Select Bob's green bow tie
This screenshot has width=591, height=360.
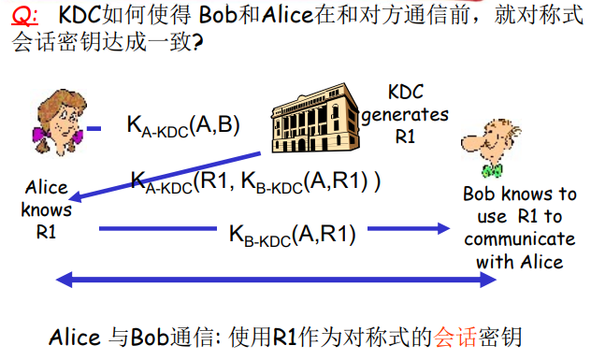coord(490,172)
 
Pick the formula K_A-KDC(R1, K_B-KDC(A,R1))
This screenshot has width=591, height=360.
coord(254,181)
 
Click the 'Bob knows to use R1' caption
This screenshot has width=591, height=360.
coord(520,227)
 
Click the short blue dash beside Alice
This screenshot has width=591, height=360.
coord(94,128)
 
